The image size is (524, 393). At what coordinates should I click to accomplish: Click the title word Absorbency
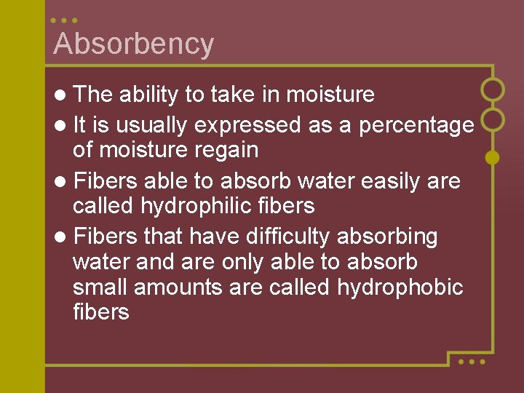click(134, 44)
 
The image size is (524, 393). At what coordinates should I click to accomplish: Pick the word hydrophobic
click(400, 287)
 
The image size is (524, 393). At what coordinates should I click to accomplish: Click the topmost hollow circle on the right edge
click(493, 90)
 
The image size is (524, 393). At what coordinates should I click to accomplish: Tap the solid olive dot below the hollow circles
click(493, 157)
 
